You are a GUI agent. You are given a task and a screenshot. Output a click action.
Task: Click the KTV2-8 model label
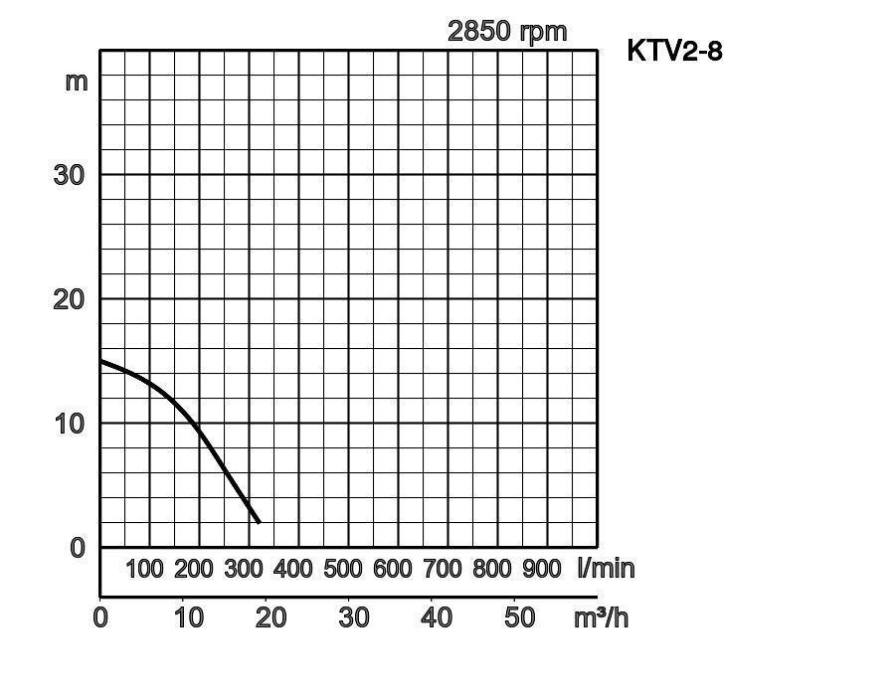click(674, 51)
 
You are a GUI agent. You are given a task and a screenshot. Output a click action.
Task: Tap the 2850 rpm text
click(507, 31)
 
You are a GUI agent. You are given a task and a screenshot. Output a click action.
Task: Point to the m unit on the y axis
click(77, 81)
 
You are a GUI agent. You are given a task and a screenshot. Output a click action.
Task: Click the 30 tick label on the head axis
click(69, 175)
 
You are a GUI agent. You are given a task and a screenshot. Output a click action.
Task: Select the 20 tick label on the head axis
click(69, 298)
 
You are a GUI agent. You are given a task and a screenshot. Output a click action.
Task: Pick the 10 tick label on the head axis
click(69, 423)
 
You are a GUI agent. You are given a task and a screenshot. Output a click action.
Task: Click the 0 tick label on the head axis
click(78, 547)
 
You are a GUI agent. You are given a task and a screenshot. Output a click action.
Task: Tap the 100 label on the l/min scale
click(144, 569)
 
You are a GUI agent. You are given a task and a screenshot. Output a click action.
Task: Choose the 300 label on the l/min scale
click(244, 569)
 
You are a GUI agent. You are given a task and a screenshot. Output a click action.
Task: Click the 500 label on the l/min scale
click(343, 569)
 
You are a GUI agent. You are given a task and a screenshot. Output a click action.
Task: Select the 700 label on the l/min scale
click(443, 569)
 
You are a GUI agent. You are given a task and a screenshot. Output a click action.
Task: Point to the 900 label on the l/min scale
click(542, 569)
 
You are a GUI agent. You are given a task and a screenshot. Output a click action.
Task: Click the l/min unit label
click(606, 569)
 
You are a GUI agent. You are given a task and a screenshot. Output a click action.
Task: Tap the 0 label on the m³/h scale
click(100, 617)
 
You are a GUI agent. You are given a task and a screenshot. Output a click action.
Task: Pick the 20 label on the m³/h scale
click(270, 617)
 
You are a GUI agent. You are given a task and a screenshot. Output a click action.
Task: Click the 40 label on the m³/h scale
click(436, 617)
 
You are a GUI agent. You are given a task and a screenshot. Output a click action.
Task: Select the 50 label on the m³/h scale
click(519, 617)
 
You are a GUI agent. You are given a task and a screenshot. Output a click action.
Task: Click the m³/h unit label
click(602, 617)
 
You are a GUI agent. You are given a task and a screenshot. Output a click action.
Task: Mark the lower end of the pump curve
click(259, 522)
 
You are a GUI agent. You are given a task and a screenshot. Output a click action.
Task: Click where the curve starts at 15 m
click(101, 361)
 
